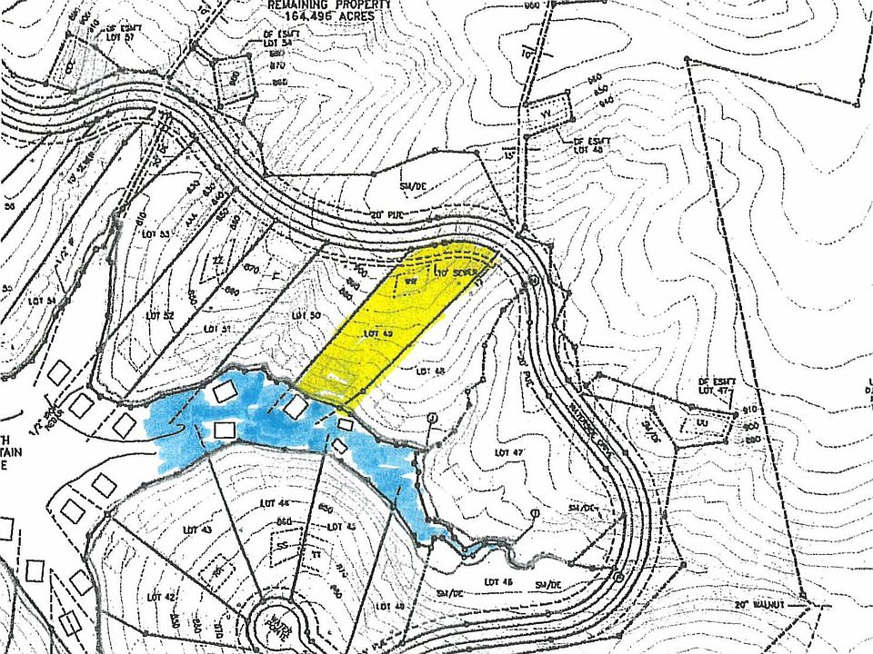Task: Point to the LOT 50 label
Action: coord(307,314)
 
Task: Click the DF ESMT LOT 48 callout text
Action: coord(592,145)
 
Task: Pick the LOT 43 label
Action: coord(196,530)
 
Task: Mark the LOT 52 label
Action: coord(159,315)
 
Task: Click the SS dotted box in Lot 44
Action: coord(283,544)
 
